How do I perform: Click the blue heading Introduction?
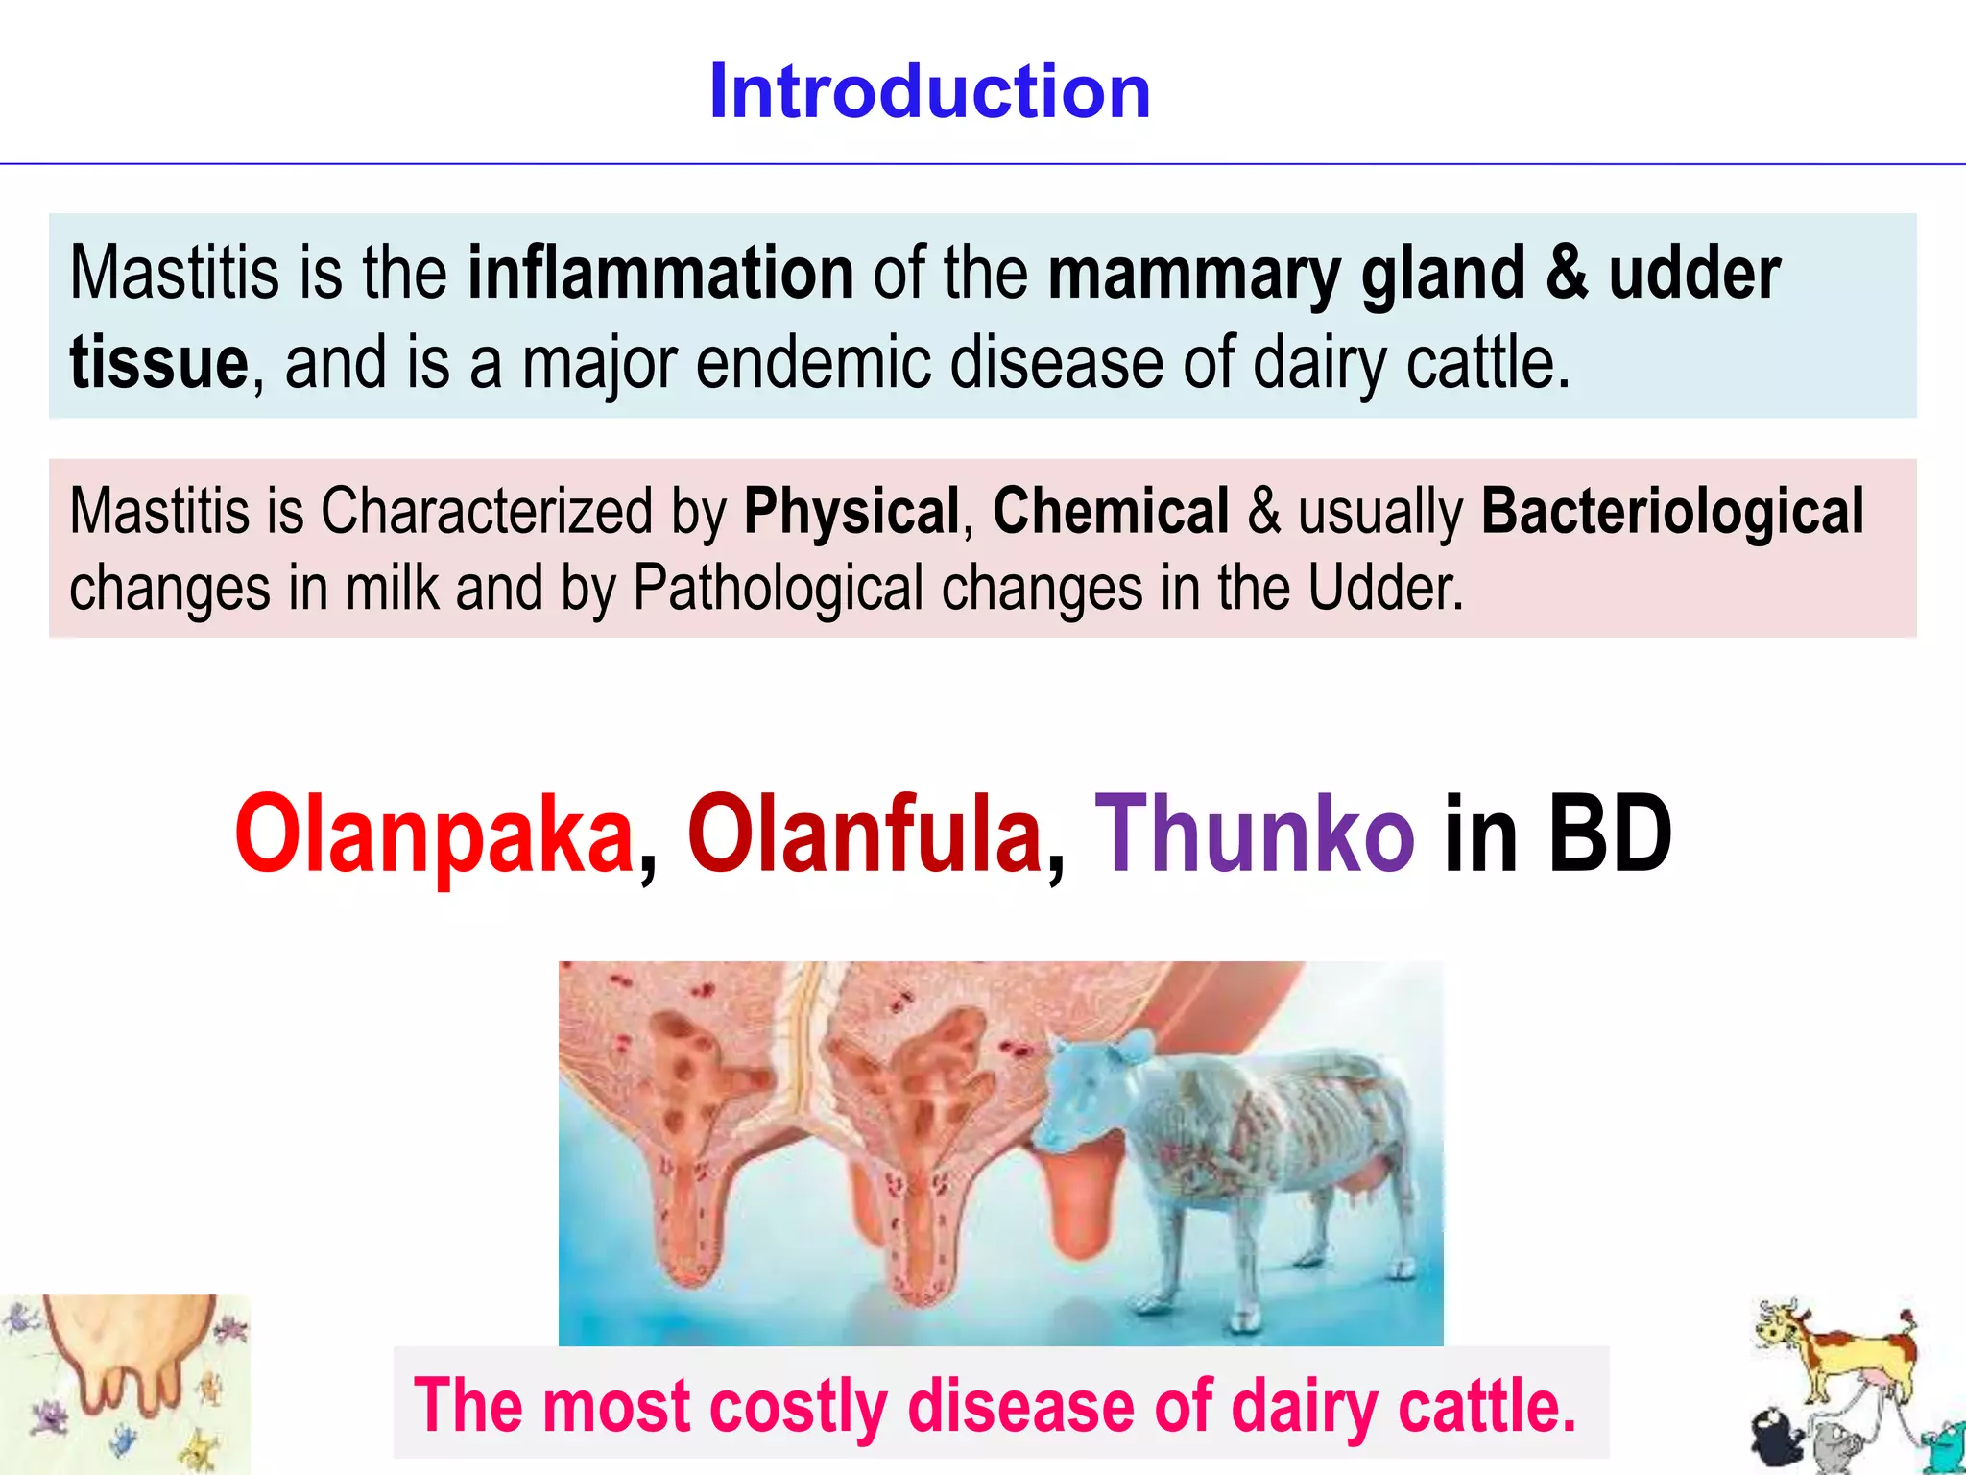[929, 91]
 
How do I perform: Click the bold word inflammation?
[660, 274]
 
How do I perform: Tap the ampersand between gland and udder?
[1567, 274]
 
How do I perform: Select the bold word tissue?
[159, 363]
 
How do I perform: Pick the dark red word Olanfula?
[864, 834]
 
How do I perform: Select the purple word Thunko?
[1254, 834]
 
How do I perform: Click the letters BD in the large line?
[1610, 834]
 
